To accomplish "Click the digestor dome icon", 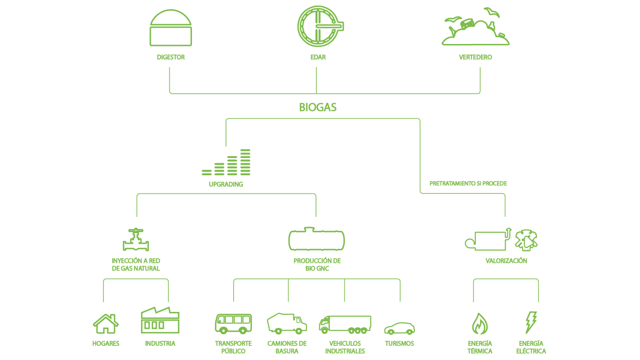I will pyautogui.click(x=170, y=28).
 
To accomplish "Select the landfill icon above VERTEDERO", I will pyautogui.click(x=476, y=28).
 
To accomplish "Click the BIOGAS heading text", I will pyautogui.click(x=318, y=107).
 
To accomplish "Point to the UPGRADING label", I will pyautogui.click(x=226, y=184).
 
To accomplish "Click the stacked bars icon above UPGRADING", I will pyautogui.click(x=226, y=163).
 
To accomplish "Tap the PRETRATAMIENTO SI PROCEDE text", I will pyautogui.click(x=468, y=184).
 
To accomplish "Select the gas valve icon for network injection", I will pyautogui.click(x=136, y=240).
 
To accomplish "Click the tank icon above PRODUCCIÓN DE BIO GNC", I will pyautogui.click(x=317, y=239).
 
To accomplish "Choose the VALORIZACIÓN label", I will pyautogui.click(x=506, y=261).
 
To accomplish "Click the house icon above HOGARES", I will pyautogui.click(x=105, y=324).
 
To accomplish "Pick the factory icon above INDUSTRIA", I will pyautogui.click(x=160, y=320).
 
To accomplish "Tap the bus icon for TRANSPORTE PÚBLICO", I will pyautogui.click(x=233, y=323).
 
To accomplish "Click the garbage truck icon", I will pyautogui.click(x=287, y=323).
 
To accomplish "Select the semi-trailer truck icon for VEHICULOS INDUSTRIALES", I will pyautogui.click(x=345, y=324).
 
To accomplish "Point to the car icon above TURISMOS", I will pyautogui.click(x=399, y=328).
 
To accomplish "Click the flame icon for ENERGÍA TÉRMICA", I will pyautogui.click(x=480, y=323).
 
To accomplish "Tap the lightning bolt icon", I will pyautogui.click(x=531, y=322).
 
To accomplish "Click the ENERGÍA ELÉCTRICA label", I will pyautogui.click(x=531, y=347).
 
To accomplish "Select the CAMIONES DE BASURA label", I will pyautogui.click(x=287, y=347).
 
